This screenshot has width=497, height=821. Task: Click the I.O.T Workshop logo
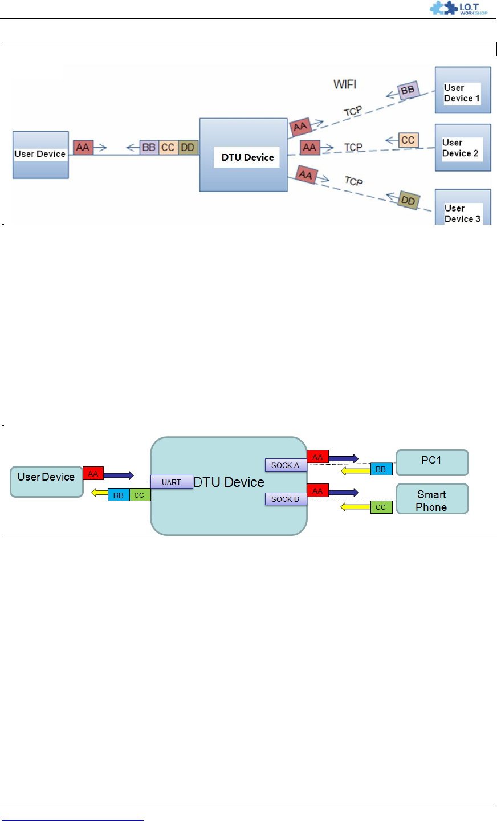click(x=458, y=8)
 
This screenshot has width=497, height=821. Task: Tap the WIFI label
click(x=344, y=84)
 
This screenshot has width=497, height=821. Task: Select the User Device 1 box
click(x=463, y=90)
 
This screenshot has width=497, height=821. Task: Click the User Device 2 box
click(x=463, y=148)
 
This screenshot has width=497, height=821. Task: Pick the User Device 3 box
click(x=463, y=207)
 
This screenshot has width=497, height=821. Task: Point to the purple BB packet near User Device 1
click(x=408, y=90)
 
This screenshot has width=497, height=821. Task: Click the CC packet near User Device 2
click(x=408, y=140)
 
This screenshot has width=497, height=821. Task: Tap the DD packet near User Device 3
click(x=408, y=200)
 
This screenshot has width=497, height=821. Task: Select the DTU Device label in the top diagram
click(x=247, y=157)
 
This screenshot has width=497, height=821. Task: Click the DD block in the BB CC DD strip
click(x=188, y=147)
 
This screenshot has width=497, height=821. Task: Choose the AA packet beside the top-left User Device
click(x=83, y=147)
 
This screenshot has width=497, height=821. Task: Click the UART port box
click(x=172, y=482)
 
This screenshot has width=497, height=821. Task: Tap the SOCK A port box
click(x=286, y=465)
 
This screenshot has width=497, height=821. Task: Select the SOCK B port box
click(x=286, y=499)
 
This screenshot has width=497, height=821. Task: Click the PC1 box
click(x=432, y=462)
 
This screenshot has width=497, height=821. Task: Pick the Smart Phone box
click(x=432, y=499)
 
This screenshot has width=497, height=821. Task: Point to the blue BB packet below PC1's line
click(x=381, y=469)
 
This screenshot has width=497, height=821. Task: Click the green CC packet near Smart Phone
click(x=381, y=507)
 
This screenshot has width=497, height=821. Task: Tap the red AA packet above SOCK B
click(x=318, y=491)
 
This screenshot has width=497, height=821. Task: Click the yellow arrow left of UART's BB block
click(x=100, y=493)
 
